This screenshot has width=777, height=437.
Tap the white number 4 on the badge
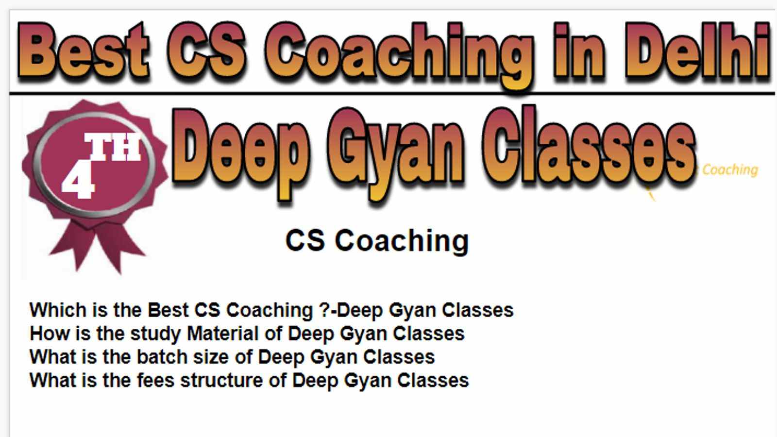click(x=78, y=184)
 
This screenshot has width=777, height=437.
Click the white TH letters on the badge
click(x=113, y=147)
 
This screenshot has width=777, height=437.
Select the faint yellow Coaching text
click(x=730, y=170)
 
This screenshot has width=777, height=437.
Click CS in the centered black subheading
click(x=305, y=240)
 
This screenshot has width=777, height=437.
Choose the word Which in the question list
click(x=58, y=310)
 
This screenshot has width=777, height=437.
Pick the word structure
click(x=221, y=380)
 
